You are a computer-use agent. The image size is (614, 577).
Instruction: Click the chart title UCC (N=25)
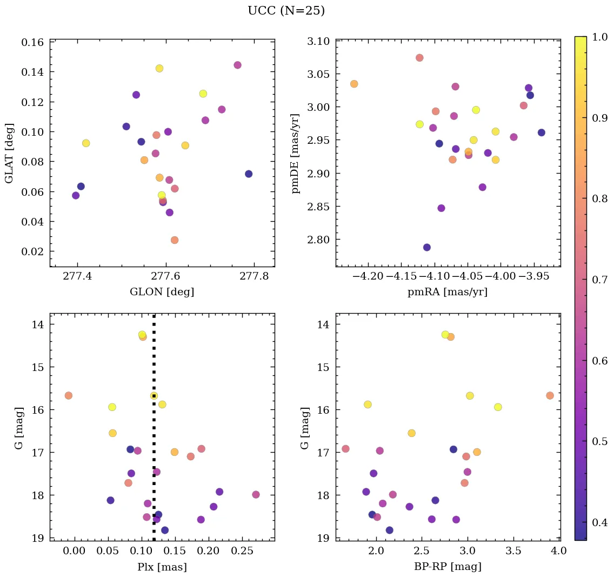[x=286, y=11]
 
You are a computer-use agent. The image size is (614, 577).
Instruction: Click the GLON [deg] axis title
[x=162, y=292]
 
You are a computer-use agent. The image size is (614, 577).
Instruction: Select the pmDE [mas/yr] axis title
[x=295, y=153]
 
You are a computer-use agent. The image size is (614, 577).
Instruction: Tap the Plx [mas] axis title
[x=162, y=567]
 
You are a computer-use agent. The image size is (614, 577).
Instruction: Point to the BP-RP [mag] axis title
[x=447, y=567]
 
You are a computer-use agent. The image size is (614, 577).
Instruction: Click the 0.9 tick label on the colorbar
[x=600, y=118]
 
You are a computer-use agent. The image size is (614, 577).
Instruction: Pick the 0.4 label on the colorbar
[x=600, y=522]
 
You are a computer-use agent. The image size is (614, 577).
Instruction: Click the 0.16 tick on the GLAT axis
[x=32, y=42]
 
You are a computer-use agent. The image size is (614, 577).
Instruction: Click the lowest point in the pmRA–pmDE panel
[x=427, y=247]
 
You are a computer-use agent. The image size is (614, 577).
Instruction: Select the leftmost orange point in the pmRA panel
[x=354, y=84]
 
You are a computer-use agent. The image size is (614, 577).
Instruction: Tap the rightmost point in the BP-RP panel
[x=550, y=395]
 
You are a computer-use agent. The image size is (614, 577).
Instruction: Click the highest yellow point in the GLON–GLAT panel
[x=159, y=68]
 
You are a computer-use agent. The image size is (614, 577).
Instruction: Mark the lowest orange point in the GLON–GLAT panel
[x=175, y=240]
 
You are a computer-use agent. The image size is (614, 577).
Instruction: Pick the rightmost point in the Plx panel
[x=256, y=494]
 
